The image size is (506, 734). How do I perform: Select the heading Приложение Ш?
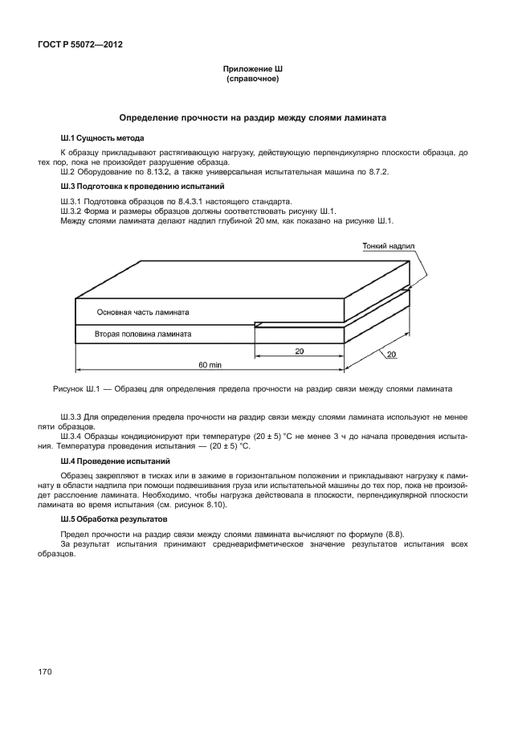pyautogui.click(x=253, y=70)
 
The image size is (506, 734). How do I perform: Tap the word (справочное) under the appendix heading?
pyautogui.click(x=253, y=80)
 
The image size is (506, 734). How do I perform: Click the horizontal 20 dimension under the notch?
pyautogui.click(x=299, y=351)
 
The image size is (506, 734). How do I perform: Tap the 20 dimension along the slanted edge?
pyautogui.click(x=391, y=355)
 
